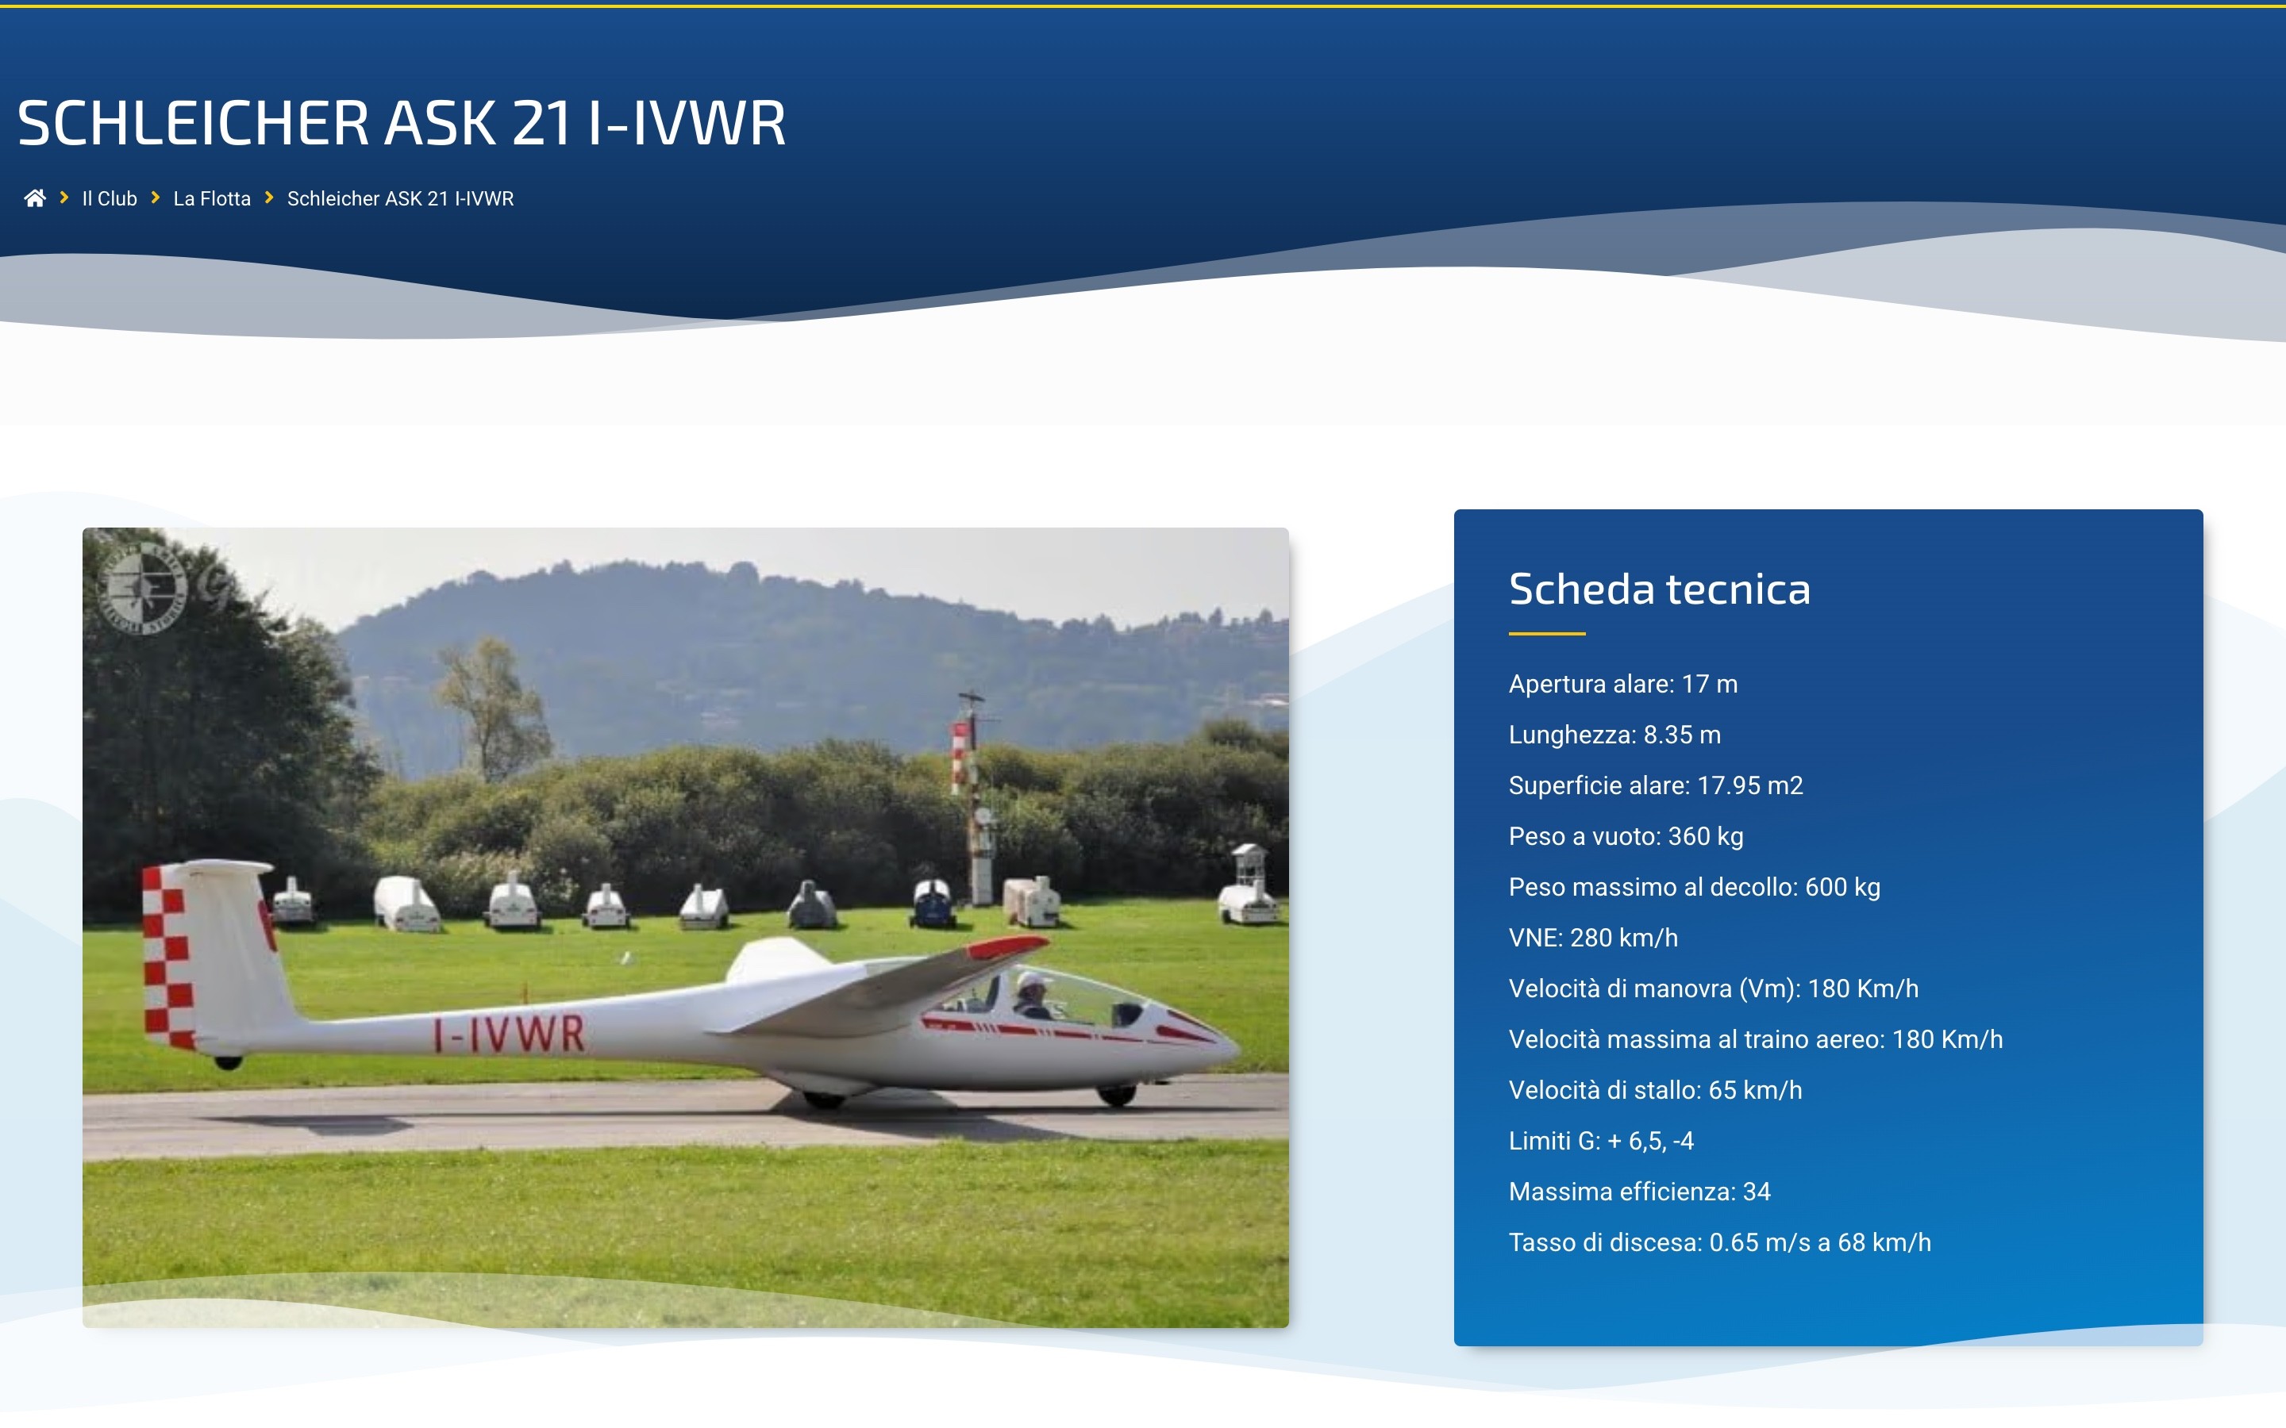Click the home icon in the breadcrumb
click(35, 198)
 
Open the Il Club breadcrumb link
click(110, 198)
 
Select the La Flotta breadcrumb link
click(212, 198)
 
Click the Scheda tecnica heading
click(1659, 589)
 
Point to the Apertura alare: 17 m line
click(1623, 684)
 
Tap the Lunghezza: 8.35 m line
click(1614, 735)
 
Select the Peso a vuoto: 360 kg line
click(1626, 837)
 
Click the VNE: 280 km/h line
click(1592, 938)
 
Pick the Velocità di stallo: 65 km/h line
click(1655, 1090)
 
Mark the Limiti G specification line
click(1601, 1141)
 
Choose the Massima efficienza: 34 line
click(1639, 1192)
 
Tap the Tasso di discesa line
click(1719, 1243)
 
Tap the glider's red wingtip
click(1007, 944)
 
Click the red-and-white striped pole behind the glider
click(963, 755)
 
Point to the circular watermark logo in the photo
click(143, 587)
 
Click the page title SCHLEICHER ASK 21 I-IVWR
click(402, 123)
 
